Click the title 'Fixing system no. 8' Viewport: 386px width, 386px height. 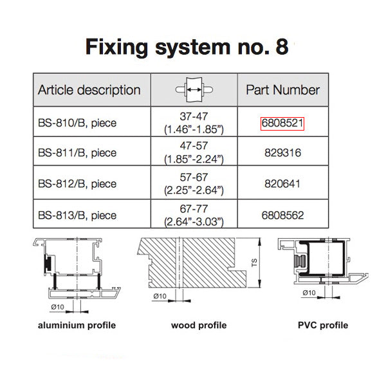187,47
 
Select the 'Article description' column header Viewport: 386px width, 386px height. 89,90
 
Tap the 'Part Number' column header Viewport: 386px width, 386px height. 282,90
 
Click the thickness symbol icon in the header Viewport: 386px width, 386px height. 194,91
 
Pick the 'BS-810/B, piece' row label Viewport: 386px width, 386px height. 77,123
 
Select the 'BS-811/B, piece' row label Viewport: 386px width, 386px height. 77,153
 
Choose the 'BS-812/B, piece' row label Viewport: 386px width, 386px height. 77,184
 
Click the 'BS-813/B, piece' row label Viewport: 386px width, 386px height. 77,215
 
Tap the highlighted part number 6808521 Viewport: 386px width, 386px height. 282,123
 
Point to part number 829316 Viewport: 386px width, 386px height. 282,153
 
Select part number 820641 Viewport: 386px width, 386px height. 282,184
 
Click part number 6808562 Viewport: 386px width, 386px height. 282,215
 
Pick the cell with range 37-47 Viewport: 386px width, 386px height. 194,123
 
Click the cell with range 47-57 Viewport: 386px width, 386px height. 194,153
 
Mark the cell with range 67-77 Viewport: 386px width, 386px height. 194,215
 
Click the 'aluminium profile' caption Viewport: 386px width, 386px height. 77,325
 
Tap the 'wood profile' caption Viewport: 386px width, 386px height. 199,325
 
